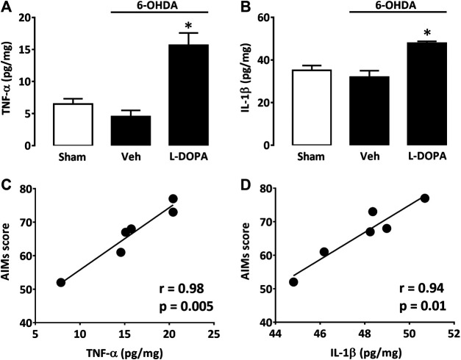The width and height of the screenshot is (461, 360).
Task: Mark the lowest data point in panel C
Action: [61, 282]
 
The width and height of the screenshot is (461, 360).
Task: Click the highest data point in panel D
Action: [425, 198]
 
